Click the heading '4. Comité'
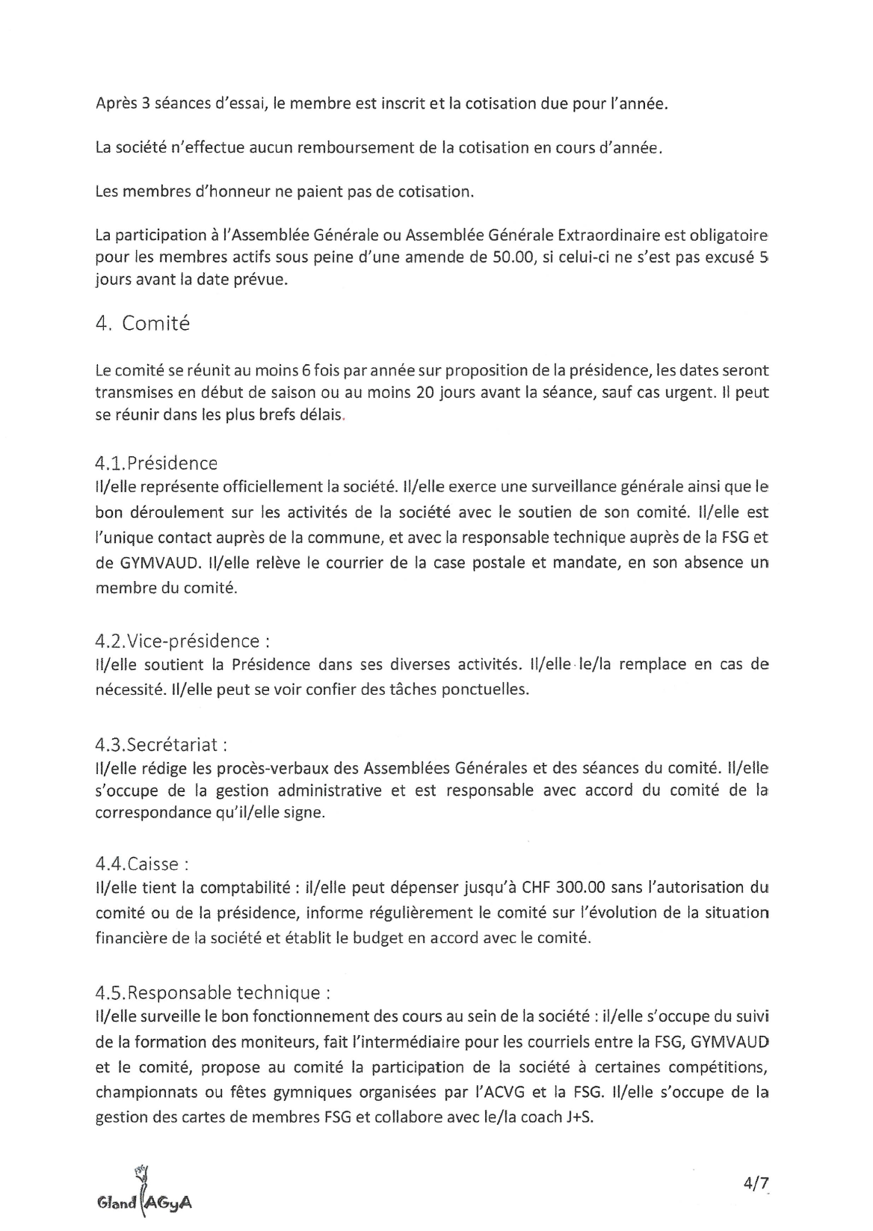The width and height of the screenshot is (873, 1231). pyautogui.click(x=143, y=324)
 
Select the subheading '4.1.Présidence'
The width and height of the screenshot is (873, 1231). pyautogui.click(x=156, y=463)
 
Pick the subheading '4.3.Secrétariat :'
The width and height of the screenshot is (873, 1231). pyautogui.click(x=161, y=745)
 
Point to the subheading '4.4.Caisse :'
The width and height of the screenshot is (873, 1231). pyautogui.click(x=142, y=864)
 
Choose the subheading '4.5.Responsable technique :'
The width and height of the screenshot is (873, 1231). pyautogui.click(x=213, y=992)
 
